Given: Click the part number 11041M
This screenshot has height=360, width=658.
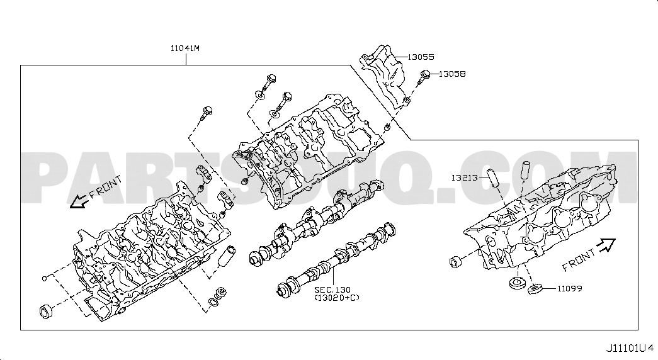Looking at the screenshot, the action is pos(184,48).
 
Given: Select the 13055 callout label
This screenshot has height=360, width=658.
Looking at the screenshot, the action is pos(421,57).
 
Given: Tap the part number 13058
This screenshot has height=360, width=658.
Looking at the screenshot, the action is pos(452,74).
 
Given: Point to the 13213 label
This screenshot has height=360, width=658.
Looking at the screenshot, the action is pos(464,178).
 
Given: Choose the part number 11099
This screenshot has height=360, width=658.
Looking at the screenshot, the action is pos(569,289).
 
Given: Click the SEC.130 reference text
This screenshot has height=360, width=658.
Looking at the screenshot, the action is pos(332,290).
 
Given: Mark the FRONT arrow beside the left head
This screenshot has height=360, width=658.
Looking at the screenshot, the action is pos(79,203).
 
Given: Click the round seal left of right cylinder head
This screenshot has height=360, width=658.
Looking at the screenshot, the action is pos(455,262).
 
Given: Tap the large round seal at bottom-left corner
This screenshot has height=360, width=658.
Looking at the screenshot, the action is pos(46,312).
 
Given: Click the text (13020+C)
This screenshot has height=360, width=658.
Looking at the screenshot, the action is pos(337,298).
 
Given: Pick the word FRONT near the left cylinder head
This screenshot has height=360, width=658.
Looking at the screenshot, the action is pos(106,188).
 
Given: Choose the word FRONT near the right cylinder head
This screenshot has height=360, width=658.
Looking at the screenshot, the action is pos(578,260).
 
